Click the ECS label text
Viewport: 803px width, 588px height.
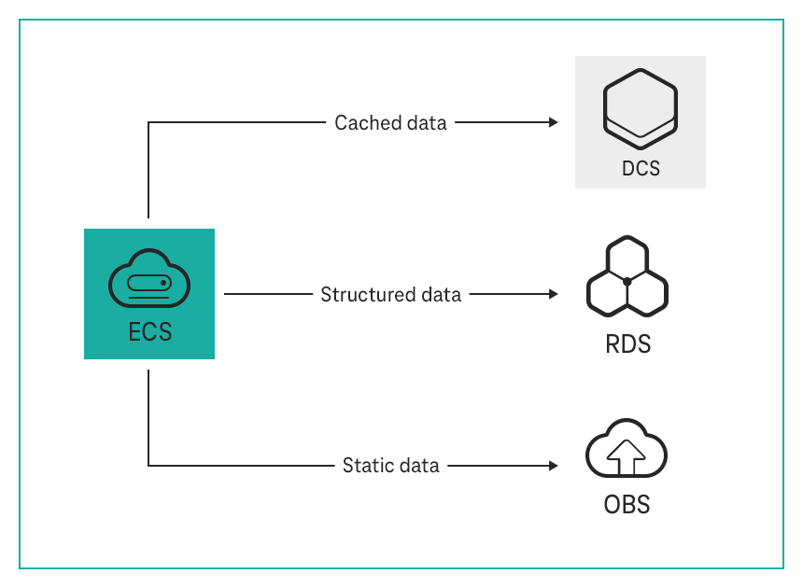(149, 331)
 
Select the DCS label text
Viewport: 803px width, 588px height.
(641, 169)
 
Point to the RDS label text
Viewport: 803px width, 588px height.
(627, 343)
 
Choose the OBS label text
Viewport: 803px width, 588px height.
(627, 505)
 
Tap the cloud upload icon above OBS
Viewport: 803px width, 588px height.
(627, 452)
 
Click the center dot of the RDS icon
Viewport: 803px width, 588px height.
(627, 281)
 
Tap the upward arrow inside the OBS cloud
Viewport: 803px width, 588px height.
(627, 456)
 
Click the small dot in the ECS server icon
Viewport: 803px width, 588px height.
(163, 282)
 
